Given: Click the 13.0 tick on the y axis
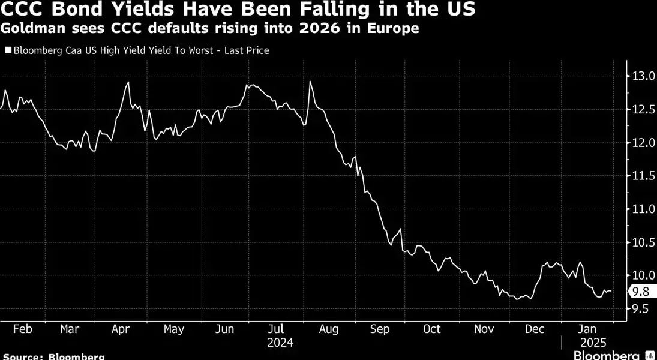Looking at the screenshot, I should pos(642,76).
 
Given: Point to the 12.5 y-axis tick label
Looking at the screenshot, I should pos(642,109).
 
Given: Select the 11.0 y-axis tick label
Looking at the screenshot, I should pos(642,209).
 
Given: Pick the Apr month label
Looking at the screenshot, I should pos(121,329).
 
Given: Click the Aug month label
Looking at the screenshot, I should pos(329,329).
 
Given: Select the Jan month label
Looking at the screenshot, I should pos(586,329).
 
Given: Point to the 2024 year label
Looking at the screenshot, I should pos(280,343).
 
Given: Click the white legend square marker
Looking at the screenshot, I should pos(7,51).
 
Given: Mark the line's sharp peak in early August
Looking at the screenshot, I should pos(310,82).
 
